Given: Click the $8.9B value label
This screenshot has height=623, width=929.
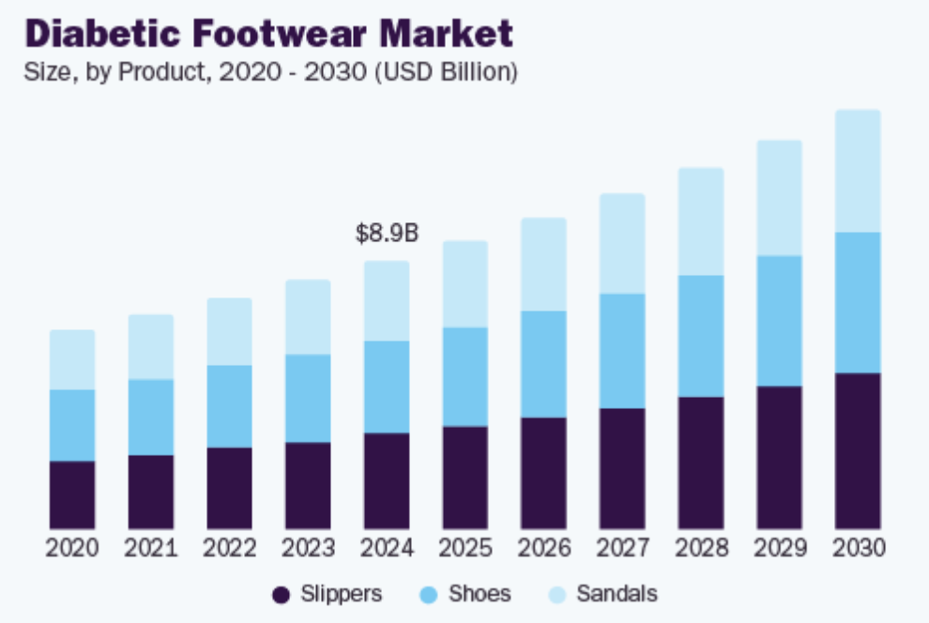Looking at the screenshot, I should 387,234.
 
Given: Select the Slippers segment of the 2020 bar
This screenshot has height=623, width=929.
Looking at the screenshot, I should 72,494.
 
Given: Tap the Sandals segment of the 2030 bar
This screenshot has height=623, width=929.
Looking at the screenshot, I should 858,171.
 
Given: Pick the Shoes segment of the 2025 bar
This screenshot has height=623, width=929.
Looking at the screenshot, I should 465,376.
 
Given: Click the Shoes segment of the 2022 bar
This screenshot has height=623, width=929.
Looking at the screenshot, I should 229,406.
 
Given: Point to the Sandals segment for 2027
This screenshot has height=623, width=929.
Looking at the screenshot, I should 622,243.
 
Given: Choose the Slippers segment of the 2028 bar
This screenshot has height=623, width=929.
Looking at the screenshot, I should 701,463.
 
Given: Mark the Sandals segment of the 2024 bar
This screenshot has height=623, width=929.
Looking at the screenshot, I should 387,300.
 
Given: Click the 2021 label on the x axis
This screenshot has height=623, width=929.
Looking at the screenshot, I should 151,548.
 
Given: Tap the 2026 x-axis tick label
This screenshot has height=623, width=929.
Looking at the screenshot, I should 544,548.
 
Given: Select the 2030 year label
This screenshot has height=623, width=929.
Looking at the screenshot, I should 858,548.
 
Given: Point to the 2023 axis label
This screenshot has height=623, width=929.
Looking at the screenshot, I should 308,548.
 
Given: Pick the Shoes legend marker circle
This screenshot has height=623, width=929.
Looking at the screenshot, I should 429,594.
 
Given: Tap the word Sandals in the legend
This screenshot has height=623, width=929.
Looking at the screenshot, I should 617,594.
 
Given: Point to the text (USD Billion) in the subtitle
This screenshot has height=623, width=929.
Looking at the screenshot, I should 446,71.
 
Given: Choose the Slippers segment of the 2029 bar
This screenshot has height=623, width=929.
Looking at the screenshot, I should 780,457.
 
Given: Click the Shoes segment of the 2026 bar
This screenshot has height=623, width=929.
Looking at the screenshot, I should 544,364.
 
